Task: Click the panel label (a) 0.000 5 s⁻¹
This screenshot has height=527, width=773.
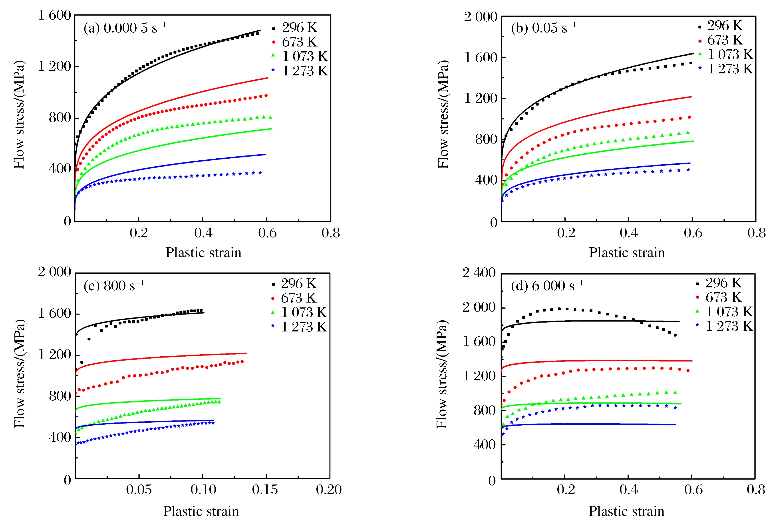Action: [x=125, y=28]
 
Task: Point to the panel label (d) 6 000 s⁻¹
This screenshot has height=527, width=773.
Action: [x=547, y=286]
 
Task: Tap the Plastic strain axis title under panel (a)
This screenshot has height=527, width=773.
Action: [x=204, y=252]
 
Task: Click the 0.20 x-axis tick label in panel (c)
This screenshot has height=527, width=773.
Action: [x=329, y=489]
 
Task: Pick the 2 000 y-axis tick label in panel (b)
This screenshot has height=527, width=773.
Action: [x=481, y=17]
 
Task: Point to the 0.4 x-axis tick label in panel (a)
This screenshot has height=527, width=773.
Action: [x=203, y=233]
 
